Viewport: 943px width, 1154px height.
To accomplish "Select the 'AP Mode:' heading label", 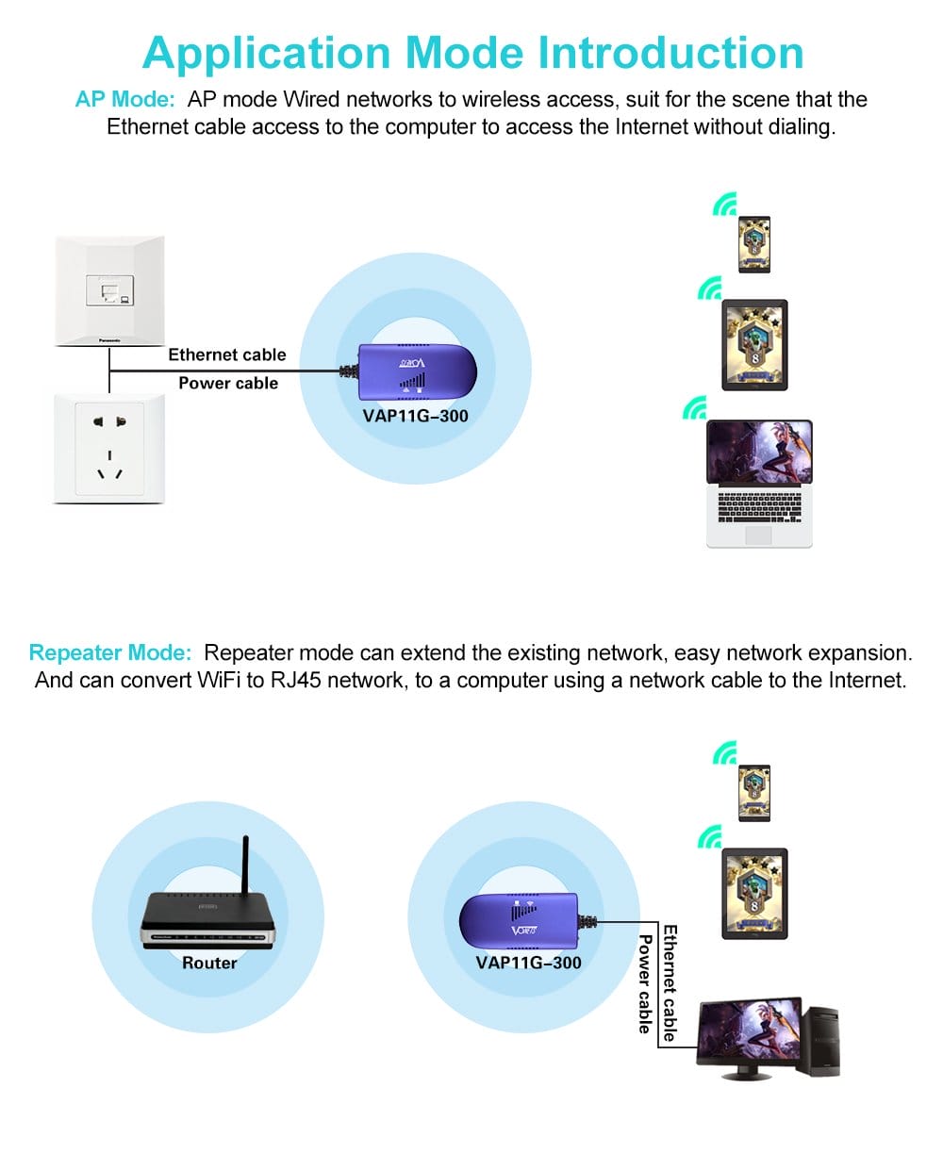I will (x=124, y=100).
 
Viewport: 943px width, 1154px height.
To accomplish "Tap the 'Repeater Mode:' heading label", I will (x=110, y=652).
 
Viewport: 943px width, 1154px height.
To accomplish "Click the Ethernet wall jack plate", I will (x=109, y=288).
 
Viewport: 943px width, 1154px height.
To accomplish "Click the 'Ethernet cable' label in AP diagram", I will (x=226, y=354).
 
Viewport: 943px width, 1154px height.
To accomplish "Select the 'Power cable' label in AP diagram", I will (x=228, y=383).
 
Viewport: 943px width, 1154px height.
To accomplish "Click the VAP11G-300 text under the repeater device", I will (x=528, y=963).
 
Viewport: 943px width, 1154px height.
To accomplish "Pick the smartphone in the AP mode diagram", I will (x=753, y=244).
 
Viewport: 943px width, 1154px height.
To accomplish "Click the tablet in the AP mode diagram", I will (x=753, y=344).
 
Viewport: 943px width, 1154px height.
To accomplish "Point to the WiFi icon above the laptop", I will (x=695, y=407).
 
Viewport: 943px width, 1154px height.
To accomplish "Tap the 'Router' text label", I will (x=209, y=963).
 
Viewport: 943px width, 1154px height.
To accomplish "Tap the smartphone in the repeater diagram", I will (x=753, y=793).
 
